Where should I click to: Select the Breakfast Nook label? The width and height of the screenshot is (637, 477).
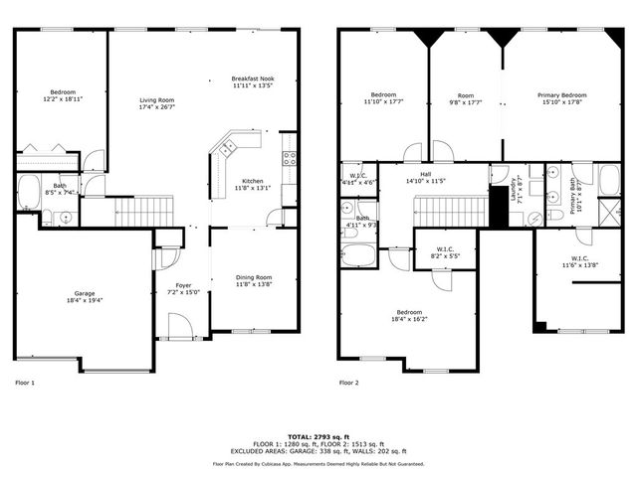click(x=253, y=79)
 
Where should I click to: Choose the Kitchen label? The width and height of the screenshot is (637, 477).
click(x=252, y=181)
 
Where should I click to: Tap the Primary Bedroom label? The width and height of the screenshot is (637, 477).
click(x=561, y=94)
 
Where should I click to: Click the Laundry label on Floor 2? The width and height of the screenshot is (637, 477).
click(x=515, y=190)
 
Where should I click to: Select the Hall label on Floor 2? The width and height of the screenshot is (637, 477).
click(x=425, y=174)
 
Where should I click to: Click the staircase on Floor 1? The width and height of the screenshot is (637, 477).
click(x=141, y=210)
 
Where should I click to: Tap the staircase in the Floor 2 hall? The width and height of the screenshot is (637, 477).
click(x=448, y=210)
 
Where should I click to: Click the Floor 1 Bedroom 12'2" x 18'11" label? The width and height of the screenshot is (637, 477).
click(x=62, y=94)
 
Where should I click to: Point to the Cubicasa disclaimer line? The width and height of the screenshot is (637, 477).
click(x=318, y=464)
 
